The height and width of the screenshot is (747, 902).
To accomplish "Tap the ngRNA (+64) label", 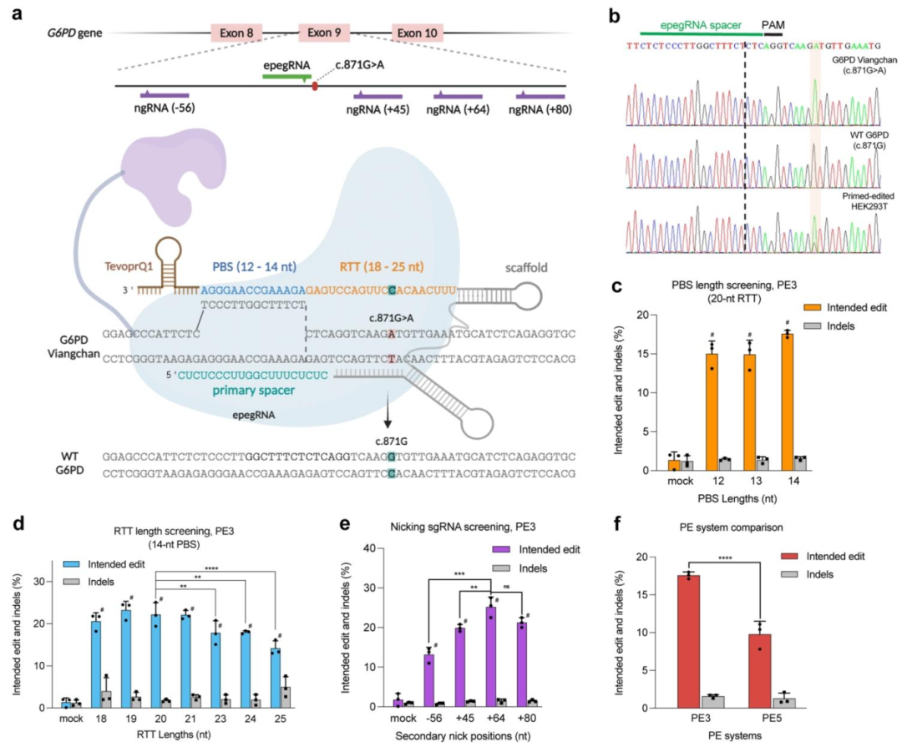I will point(458,109).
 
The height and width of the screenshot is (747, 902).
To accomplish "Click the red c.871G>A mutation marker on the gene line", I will point(314,85).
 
